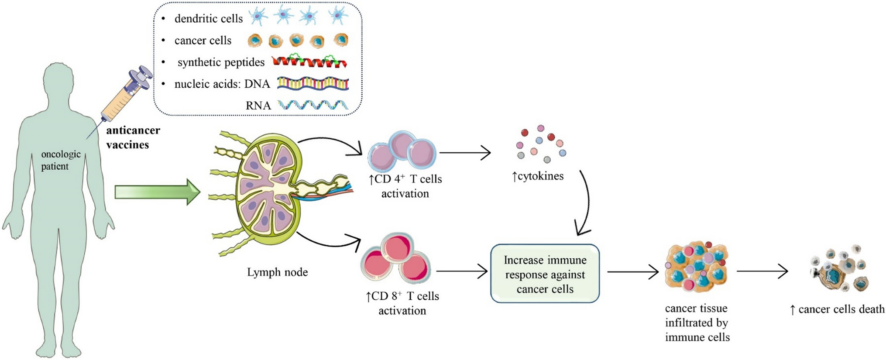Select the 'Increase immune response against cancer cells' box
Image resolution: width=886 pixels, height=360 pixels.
pos(545,274)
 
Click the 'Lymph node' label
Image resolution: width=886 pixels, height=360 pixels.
pos(277,272)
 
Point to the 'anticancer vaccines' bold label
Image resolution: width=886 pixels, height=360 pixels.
pos(133,137)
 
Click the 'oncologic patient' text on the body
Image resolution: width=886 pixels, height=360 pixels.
pos(60,160)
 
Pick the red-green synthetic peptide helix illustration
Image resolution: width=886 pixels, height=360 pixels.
pos(309,62)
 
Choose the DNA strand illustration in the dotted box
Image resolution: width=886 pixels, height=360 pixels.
pos(313,83)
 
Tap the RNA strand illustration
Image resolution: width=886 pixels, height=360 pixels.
pos(313,105)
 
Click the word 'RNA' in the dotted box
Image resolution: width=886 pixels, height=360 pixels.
pos(258,105)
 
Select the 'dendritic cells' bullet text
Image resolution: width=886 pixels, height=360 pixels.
pos(208,19)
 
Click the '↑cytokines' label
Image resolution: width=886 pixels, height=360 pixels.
pos(537,176)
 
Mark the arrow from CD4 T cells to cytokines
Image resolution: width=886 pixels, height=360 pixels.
pos(464,153)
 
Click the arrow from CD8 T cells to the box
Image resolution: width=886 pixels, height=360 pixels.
pos(461,271)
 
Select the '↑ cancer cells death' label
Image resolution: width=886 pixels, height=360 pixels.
pos(837,309)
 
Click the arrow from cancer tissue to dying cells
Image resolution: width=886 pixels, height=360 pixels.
pos(762,271)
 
